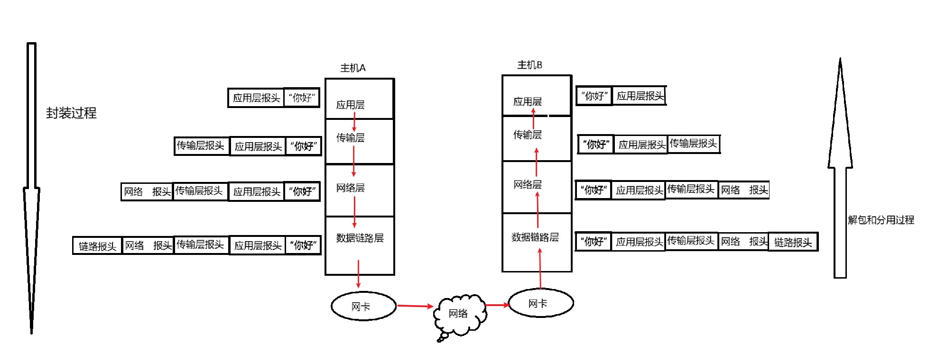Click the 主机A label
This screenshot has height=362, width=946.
tap(352, 68)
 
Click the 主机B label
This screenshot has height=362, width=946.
tap(529, 65)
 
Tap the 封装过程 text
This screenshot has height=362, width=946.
tap(71, 113)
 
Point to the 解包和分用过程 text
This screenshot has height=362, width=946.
tap(881, 220)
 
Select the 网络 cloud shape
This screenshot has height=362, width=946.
tap(459, 314)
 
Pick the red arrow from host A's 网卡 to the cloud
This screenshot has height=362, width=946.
tap(415, 306)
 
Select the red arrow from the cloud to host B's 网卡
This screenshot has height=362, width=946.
tap(497, 305)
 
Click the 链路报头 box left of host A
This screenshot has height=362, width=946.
tap(97, 246)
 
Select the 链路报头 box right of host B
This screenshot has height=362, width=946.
tap(793, 242)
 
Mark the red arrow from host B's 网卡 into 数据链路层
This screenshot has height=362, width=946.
tap(540, 269)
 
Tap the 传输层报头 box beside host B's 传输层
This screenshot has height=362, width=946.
tap(693, 144)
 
